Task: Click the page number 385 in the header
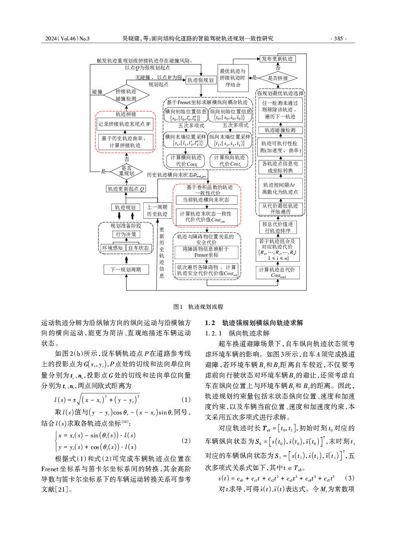click(x=338, y=38)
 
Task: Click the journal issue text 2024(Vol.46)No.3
click(x=67, y=38)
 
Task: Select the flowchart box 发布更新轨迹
click(x=277, y=59)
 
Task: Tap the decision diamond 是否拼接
click(x=278, y=78)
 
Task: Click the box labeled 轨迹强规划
click(x=200, y=80)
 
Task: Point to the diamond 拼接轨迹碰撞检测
click(x=126, y=95)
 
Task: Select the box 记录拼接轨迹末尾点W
click(x=124, y=124)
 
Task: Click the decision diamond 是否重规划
click(x=127, y=171)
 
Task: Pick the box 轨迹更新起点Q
click(x=126, y=189)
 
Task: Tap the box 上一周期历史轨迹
click(x=157, y=210)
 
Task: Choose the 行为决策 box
click(x=126, y=234)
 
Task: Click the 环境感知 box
click(x=112, y=248)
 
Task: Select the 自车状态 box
click(x=139, y=248)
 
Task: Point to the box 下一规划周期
click(x=126, y=270)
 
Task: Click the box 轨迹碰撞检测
click(x=280, y=130)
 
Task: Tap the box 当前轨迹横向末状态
click(x=206, y=200)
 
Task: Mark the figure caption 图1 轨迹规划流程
click(x=198, y=307)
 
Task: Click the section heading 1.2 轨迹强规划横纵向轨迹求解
click(x=254, y=323)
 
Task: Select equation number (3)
click(x=349, y=478)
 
